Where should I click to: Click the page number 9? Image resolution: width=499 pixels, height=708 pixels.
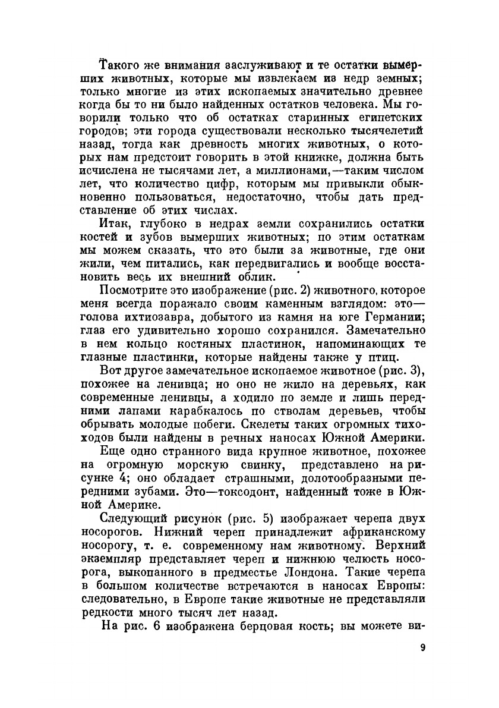coord(422,647)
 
